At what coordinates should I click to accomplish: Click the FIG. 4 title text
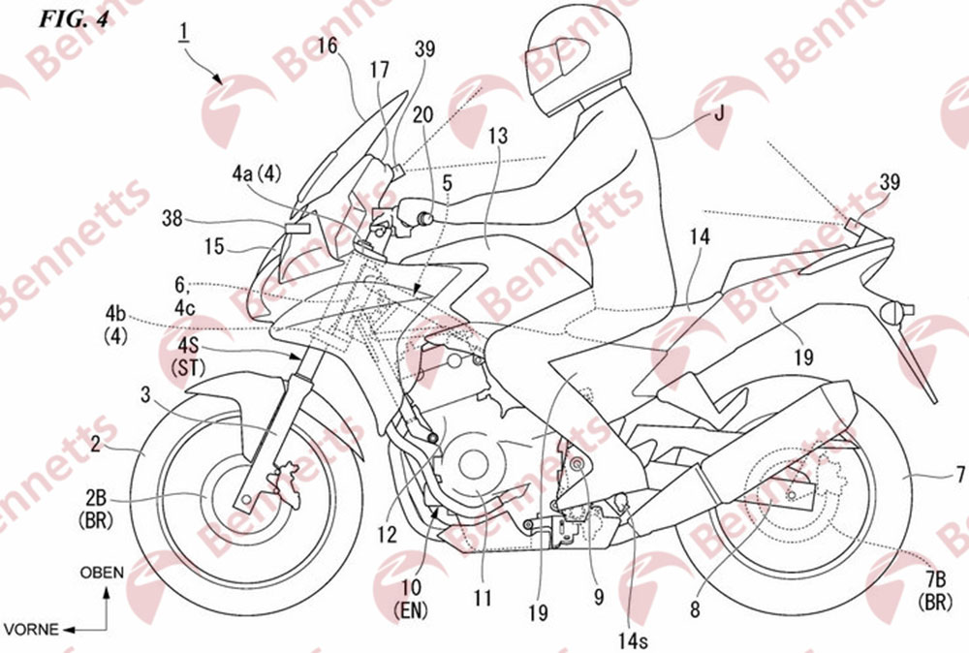point(75,19)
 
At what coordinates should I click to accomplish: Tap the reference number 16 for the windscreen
point(328,45)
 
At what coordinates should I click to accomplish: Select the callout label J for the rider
point(719,113)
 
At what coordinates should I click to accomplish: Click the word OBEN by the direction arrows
point(102,573)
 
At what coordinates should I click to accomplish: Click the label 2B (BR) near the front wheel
point(96,509)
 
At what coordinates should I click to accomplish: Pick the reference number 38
point(172,218)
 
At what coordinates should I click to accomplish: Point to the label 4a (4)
point(257,174)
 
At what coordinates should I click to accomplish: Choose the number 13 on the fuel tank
point(497,135)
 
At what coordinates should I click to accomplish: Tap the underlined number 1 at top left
point(183,32)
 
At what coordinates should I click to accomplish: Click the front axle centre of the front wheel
point(246,498)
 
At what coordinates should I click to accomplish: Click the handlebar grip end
point(424,217)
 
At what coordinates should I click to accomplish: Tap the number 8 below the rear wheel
point(695,609)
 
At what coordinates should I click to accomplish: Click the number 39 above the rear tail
point(890,181)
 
